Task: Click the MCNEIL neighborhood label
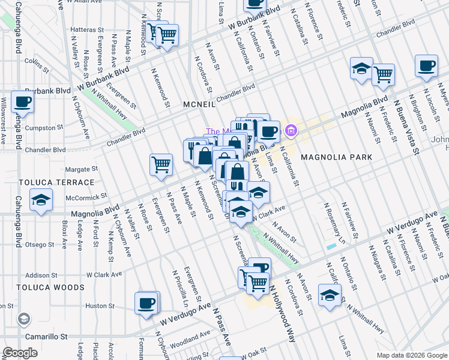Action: pyautogui.click(x=199, y=104)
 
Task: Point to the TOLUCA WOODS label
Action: pyautogui.click(x=50, y=287)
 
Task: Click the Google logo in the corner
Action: pyautogui.click(x=20, y=352)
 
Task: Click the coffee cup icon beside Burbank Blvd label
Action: pyautogui.click(x=22, y=101)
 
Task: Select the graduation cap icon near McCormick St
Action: pyautogui.click(x=41, y=200)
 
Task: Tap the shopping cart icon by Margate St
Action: pyautogui.click(x=161, y=164)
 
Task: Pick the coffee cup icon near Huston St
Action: pyautogui.click(x=146, y=303)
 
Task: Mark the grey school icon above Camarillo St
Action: pyautogui.click(x=24, y=318)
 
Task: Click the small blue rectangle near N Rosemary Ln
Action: pyautogui.click(x=331, y=247)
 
